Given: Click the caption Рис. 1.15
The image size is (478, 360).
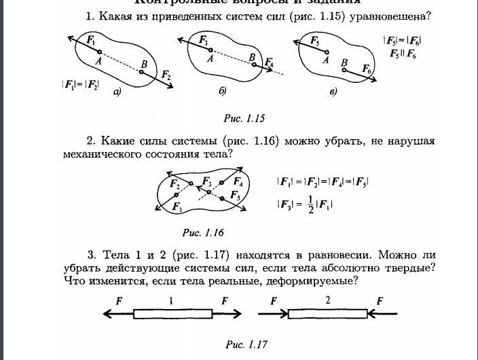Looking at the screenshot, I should coord(244,118).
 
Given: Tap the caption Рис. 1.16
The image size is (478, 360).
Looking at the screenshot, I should coord(203,232).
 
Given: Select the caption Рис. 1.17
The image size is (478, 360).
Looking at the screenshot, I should coord(246,344).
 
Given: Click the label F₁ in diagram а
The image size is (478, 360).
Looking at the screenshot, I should coord(90,41).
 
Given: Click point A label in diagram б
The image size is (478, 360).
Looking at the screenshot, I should coord(210,59).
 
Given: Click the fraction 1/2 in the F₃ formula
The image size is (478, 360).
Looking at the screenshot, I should coord(310,202).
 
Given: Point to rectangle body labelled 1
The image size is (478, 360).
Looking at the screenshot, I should coord(172,314).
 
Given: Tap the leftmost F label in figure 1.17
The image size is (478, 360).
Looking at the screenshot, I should coord(119,300).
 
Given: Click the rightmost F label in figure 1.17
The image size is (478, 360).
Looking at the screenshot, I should coord(380,300).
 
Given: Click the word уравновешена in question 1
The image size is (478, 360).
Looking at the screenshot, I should coord(394,16).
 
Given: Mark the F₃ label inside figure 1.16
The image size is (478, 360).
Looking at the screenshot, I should coord(206,182).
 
